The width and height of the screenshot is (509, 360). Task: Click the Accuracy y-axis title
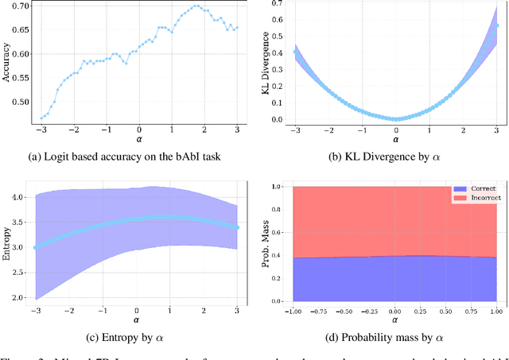(x=6, y=63)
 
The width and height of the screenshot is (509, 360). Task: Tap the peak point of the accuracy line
(x=196, y=6)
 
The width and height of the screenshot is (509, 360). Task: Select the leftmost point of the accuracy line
(x=42, y=118)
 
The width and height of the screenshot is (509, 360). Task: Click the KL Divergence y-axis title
(x=266, y=63)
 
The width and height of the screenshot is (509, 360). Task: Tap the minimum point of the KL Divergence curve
(x=396, y=119)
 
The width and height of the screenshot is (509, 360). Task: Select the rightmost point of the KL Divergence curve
(x=497, y=25)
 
